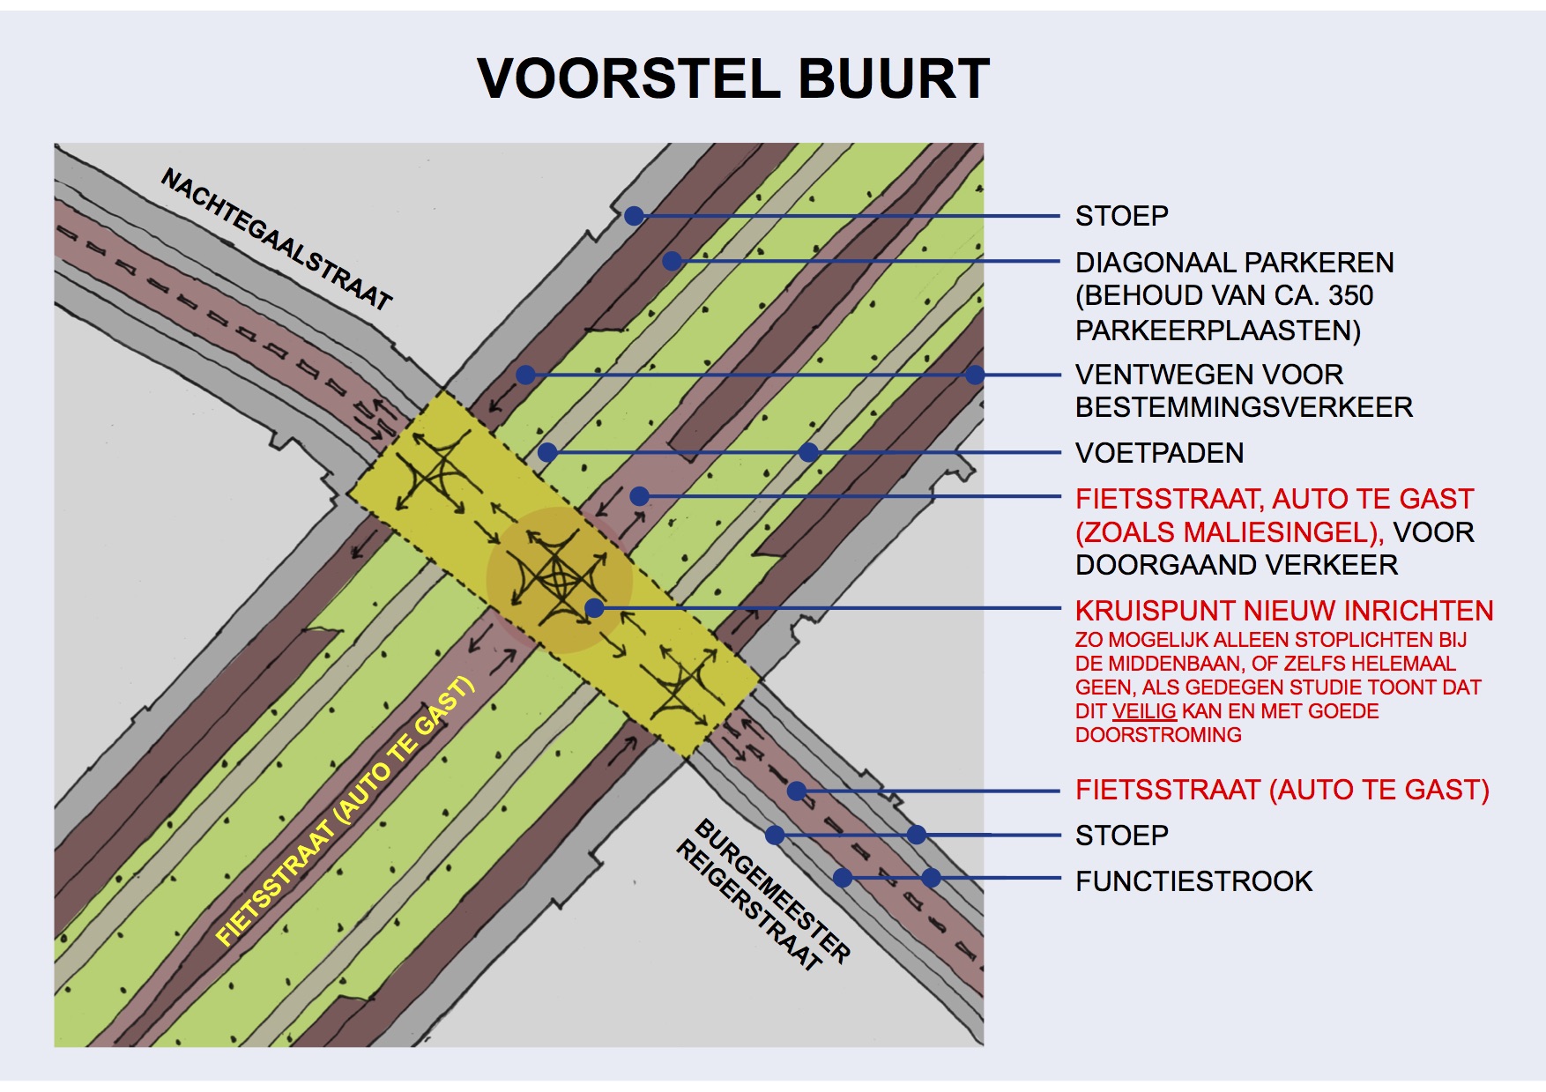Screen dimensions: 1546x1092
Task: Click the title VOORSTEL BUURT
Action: coord(733,78)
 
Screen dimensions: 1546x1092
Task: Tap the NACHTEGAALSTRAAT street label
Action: coord(276,239)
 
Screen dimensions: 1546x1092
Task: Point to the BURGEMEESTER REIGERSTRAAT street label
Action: coord(763,894)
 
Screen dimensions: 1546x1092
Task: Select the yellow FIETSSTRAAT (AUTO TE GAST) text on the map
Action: coord(346,812)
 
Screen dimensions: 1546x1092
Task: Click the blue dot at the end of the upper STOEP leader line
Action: coord(634,216)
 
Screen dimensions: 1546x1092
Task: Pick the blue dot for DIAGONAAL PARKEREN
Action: coord(673,261)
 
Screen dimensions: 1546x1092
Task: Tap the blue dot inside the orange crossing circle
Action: coord(594,607)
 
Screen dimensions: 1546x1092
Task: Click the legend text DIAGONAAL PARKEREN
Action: coord(1234,263)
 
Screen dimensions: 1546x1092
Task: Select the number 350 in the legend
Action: coord(1349,295)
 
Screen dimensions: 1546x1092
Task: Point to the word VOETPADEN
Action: coord(1159,453)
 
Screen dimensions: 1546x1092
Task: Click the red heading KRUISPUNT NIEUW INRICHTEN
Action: coord(1284,611)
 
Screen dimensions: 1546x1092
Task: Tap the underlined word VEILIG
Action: coord(1144,711)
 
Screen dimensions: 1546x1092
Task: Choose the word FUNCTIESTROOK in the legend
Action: coord(1193,881)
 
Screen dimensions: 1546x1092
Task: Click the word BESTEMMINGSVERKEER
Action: coord(1244,407)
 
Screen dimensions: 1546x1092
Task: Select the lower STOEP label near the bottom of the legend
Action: coord(1121,836)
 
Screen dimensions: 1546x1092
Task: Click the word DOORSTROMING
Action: coord(1158,735)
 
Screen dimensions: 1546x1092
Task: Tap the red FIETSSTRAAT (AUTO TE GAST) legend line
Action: coord(1282,790)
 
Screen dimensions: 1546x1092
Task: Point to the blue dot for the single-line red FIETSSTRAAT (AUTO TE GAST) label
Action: coord(796,791)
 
